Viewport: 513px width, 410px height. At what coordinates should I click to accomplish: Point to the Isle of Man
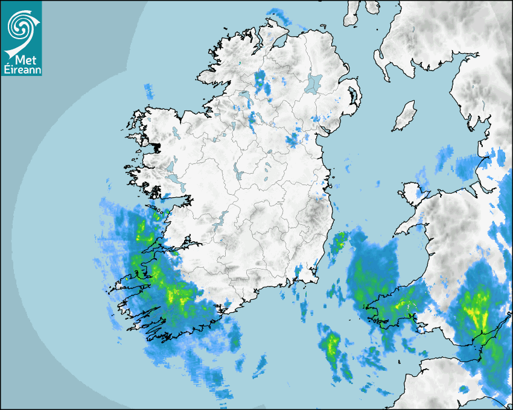pos(405,116)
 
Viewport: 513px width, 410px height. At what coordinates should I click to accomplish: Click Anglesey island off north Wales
pos(413,195)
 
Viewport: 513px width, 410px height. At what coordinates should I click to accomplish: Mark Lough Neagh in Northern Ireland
pos(314,83)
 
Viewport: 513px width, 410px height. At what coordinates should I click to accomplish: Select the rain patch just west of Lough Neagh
pos(262,82)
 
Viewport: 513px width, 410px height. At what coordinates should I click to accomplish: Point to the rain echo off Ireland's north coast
pos(278,14)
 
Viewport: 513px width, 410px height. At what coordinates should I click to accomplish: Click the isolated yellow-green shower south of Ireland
pos(331,346)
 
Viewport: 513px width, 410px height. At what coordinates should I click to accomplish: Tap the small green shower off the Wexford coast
pos(339,241)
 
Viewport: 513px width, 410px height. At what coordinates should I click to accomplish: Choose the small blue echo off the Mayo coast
pos(148,91)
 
